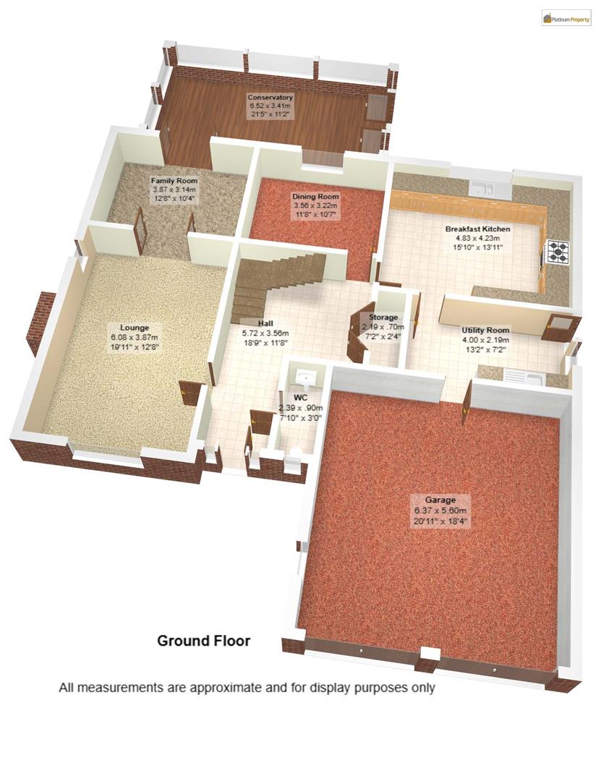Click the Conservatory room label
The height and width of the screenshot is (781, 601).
270,97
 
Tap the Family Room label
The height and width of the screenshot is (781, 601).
174,180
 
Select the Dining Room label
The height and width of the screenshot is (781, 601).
315,197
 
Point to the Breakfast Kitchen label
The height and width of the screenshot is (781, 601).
477,229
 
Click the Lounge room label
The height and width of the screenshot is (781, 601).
134,328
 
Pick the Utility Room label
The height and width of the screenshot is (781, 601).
485,330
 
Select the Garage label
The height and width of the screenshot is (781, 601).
440,500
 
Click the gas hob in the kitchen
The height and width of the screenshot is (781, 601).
558,251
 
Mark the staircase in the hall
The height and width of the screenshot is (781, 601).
278,278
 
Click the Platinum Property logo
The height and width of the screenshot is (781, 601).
566,18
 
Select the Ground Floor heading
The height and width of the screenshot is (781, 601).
204,641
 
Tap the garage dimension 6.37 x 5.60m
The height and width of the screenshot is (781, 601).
440,510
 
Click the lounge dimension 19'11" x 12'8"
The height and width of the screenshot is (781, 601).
134,347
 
